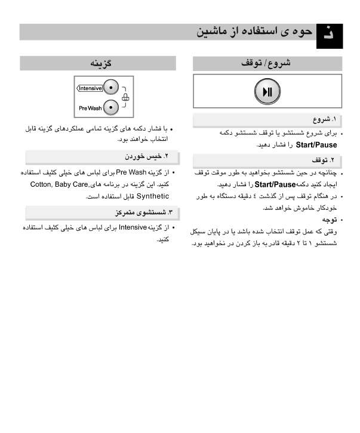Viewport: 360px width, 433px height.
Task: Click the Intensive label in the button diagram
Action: tap(90, 89)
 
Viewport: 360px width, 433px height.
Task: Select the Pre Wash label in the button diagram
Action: tap(90, 107)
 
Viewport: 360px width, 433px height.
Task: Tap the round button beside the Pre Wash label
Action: tap(110, 107)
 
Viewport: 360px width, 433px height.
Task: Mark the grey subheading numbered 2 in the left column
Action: tap(98, 157)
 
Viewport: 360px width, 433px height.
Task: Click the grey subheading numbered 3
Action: tap(98, 212)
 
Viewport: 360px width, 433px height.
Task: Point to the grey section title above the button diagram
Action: tap(98, 63)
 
